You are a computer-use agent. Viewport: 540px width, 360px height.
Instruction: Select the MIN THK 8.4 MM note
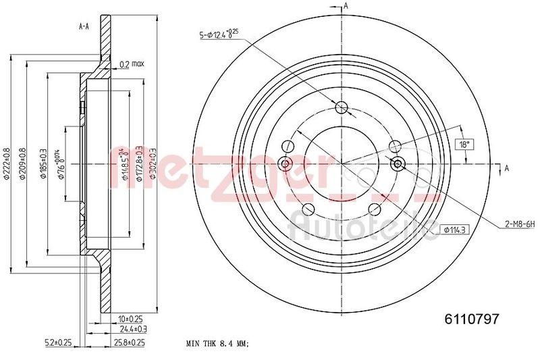[217, 344]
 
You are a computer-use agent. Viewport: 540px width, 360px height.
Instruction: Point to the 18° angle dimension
[463, 144]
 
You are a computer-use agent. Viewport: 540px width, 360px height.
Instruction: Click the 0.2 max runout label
[132, 64]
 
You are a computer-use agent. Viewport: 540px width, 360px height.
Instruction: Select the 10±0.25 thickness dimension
[130, 318]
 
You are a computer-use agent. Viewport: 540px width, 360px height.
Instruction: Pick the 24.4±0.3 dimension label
[133, 329]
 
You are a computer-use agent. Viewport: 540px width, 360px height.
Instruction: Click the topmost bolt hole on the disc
[341, 107]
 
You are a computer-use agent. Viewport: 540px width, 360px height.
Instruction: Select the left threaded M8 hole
[285, 163]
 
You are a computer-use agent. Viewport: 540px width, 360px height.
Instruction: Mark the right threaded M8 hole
[398, 163]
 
